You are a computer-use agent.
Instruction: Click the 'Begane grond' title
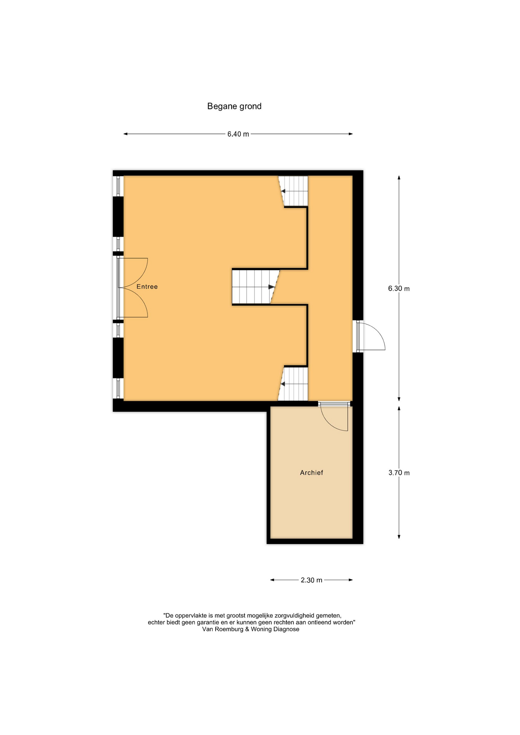tap(234, 106)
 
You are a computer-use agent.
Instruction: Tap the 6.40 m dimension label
tap(238, 134)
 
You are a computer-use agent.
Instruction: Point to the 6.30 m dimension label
tap(399, 289)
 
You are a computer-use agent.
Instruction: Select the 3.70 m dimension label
tap(399, 473)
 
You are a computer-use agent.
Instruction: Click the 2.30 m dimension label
tap(311, 580)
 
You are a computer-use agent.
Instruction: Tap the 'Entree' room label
tap(147, 287)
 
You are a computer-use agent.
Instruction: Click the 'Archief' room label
tap(311, 473)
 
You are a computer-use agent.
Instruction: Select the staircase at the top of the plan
tap(293, 191)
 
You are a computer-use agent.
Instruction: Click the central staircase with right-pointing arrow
tap(255, 287)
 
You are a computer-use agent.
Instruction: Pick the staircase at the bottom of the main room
tap(293, 384)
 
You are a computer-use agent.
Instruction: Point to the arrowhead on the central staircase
tap(271, 287)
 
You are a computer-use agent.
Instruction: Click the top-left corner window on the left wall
tap(118, 186)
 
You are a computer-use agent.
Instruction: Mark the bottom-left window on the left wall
tap(118, 388)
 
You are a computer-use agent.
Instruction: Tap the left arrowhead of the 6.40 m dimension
tap(125, 134)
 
